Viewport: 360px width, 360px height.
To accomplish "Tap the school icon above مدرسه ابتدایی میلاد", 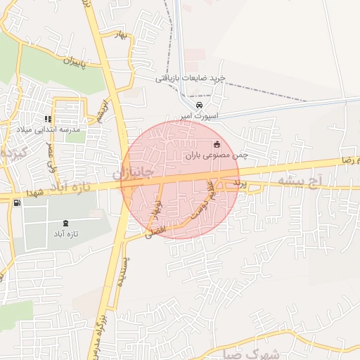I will (48, 119).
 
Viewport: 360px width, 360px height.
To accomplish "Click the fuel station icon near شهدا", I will (17, 202).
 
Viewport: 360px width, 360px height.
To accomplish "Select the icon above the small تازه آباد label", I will (66, 223).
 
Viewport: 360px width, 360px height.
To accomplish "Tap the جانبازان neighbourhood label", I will (133, 171).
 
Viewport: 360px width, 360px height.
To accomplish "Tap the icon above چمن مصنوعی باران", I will (216, 144).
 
